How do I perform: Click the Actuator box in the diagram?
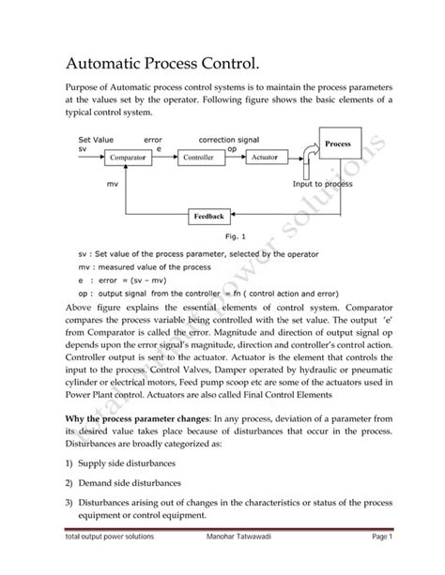click(x=265, y=158)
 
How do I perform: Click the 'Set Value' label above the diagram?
click(x=96, y=139)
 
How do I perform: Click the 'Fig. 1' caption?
click(x=235, y=237)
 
